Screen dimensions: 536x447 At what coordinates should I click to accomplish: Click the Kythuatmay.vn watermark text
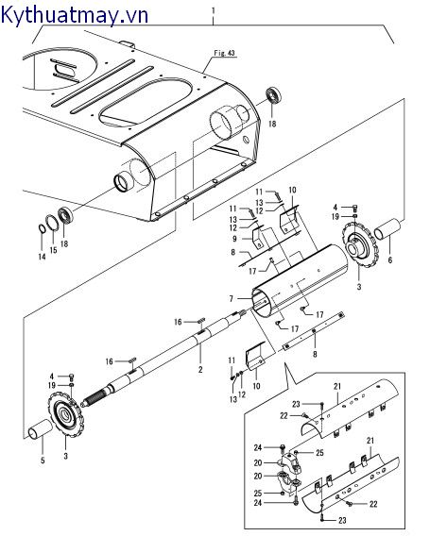(x=63, y=13)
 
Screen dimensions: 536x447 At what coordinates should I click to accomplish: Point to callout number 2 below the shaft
(x=200, y=369)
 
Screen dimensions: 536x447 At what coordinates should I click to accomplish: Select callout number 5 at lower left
(x=41, y=461)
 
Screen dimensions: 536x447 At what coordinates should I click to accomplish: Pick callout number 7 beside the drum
(x=230, y=298)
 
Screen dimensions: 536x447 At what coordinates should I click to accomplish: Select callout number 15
(x=53, y=250)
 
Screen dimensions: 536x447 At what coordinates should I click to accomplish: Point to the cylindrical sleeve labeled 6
(x=388, y=231)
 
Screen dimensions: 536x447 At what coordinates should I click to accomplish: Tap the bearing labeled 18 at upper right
(x=275, y=97)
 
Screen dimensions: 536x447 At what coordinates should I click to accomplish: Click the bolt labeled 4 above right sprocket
(x=353, y=207)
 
